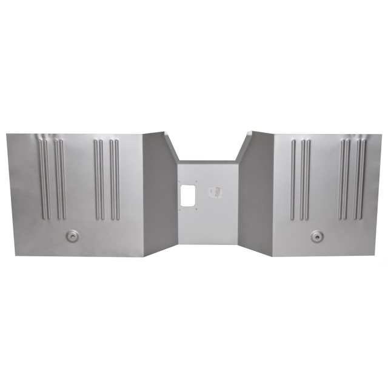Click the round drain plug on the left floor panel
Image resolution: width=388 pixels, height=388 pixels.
(x=72, y=235)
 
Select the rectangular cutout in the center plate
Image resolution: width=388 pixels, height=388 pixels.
(x=189, y=193)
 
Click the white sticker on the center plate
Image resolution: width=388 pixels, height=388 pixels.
(x=212, y=192)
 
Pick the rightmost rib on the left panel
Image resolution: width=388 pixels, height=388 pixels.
(x=117, y=179)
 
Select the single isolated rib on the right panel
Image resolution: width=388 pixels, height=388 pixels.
(x=292, y=179)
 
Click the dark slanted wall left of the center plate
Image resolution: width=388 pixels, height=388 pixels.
(x=159, y=194)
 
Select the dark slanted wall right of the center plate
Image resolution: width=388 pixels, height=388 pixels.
(x=256, y=194)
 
